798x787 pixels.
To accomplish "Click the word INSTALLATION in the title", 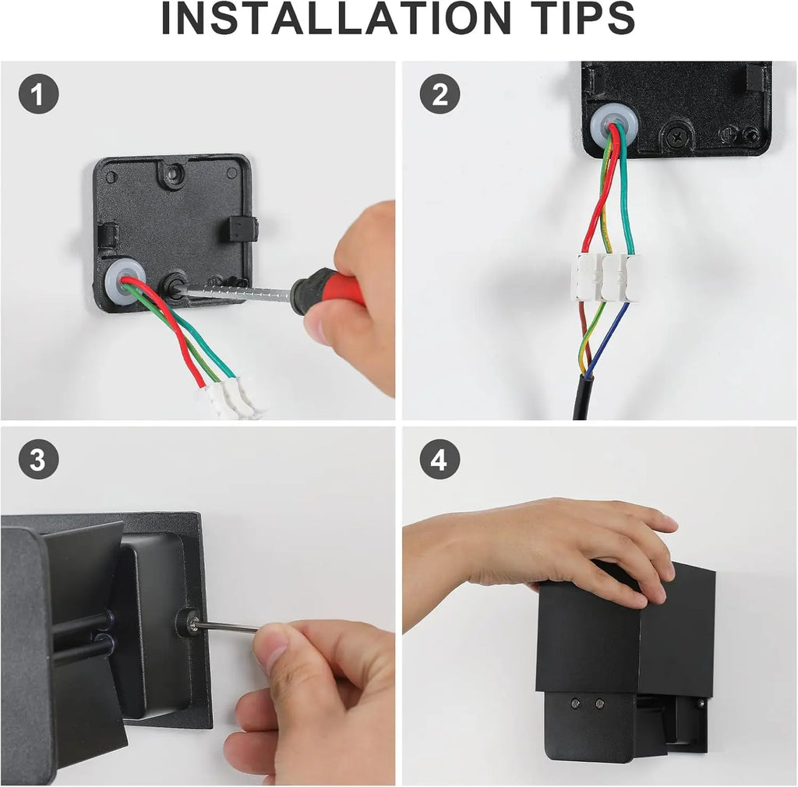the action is pyautogui.click(x=336, y=19).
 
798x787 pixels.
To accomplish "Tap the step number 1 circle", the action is pyautogui.click(x=39, y=94).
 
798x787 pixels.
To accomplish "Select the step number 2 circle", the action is pyautogui.click(x=440, y=94).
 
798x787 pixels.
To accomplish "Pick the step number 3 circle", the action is pyautogui.click(x=39, y=460).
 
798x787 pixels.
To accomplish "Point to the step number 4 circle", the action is pyautogui.click(x=440, y=460).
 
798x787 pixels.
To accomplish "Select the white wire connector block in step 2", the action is pyautogui.click(x=606, y=277).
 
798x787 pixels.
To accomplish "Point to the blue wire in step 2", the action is pyautogui.click(x=609, y=339).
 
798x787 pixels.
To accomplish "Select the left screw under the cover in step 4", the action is pyautogui.click(x=575, y=704).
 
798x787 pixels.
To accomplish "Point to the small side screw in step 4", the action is pyautogui.click(x=701, y=704).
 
